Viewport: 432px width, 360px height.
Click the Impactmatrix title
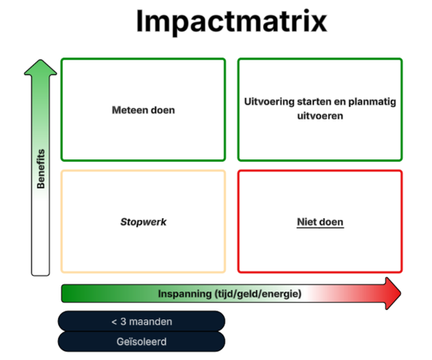pos(231,22)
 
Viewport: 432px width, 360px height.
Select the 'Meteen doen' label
pos(143,110)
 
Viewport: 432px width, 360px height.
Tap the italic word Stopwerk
pos(143,222)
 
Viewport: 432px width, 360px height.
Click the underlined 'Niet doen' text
pos(320,222)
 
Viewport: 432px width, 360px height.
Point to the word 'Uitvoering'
pos(269,102)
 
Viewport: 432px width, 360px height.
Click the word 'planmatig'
pos(372,102)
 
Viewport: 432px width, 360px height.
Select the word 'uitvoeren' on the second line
pos(320,115)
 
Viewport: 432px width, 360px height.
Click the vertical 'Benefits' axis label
pos(41,169)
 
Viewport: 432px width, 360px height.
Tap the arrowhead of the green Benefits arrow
pos(41,68)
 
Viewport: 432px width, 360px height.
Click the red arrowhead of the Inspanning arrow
pos(393,293)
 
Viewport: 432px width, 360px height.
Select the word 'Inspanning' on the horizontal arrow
pos(185,294)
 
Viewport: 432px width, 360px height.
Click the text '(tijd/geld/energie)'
pos(258,294)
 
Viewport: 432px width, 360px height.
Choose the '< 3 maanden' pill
pos(141,321)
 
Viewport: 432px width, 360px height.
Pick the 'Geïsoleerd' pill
pos(141,342)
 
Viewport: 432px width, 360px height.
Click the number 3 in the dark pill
pos(124,322)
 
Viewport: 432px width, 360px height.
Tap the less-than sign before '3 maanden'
pos(114,322)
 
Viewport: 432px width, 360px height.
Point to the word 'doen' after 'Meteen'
pos(163,110)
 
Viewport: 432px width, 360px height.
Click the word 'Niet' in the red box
pos(306,222)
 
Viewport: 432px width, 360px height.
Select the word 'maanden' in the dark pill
pos(151,322)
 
